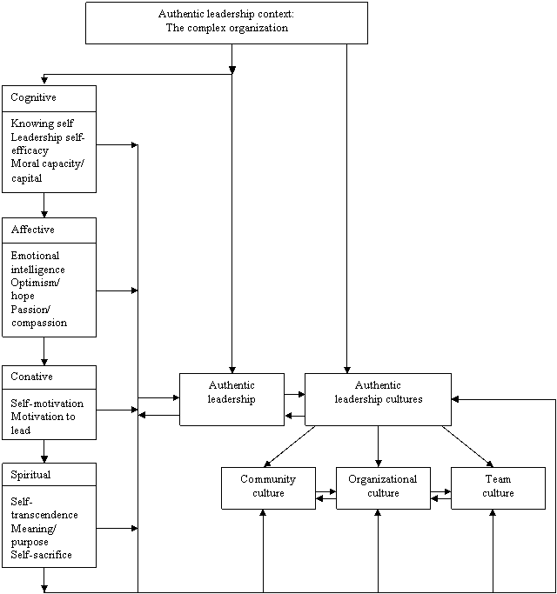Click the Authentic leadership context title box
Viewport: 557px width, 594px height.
226,22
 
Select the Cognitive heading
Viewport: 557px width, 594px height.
33,98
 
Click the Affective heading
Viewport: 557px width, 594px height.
32,230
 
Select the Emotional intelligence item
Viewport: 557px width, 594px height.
37,263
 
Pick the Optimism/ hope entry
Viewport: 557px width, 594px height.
35,290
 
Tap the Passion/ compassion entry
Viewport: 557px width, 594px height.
38,317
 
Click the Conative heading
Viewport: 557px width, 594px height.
31,377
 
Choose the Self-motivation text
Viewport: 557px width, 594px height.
47,404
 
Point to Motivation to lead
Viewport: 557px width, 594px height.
43,424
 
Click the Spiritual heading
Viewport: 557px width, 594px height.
30,475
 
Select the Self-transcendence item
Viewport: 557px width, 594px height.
44,508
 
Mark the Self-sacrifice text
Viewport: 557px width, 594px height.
41,555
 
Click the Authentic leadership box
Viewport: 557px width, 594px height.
232,399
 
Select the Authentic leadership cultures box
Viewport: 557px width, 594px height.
378,399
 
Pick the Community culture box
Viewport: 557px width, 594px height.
268,487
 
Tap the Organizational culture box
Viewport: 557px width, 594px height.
383,487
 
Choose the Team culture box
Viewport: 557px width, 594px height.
498,487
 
